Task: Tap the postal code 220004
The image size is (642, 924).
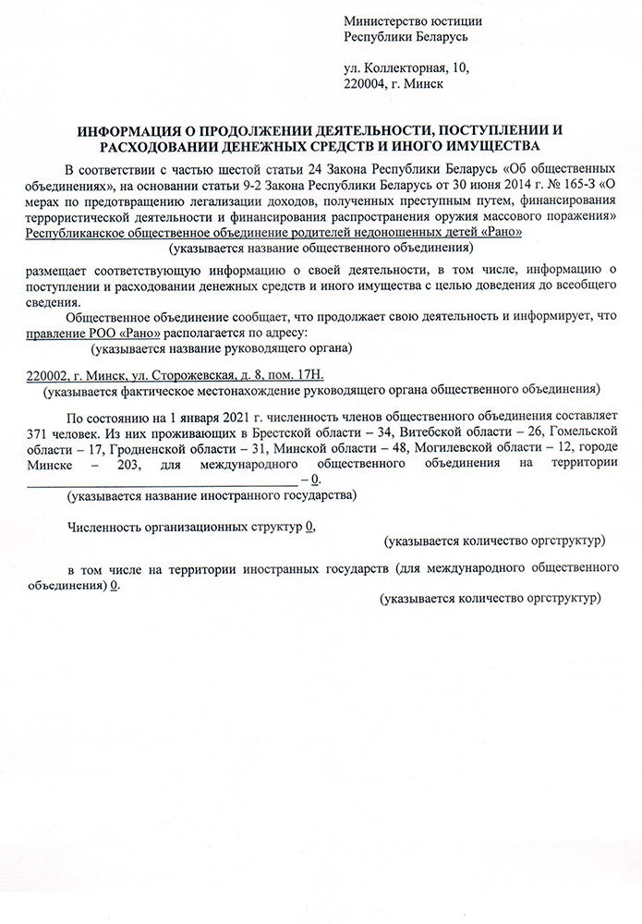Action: click(x=365, y=83)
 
